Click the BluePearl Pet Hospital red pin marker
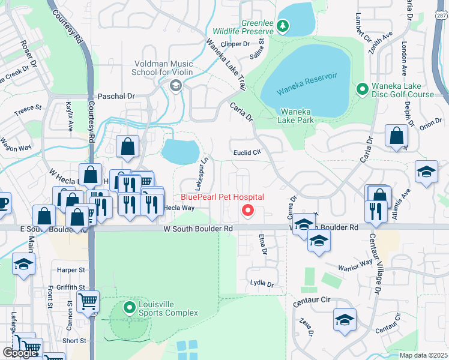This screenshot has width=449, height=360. tap(247, 211)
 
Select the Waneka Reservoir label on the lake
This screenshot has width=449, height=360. tap(307, 83)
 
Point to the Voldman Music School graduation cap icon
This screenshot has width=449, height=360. tap(176, 85)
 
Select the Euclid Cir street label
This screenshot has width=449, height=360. tap(247, 152)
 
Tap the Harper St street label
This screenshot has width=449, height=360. tap(68, 271)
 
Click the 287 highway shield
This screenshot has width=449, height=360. tap(442, 14)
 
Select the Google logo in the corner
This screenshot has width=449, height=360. tap(20, 352)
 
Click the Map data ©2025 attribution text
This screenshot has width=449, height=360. tap(423, 355)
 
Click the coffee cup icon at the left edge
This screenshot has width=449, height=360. tap(4, 202)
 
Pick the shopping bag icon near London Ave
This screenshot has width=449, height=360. tap(396, 137)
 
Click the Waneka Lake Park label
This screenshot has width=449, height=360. tap(297, 115)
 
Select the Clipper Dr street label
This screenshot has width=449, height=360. tap(235, 44)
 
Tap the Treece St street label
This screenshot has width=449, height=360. tap(28, 108)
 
